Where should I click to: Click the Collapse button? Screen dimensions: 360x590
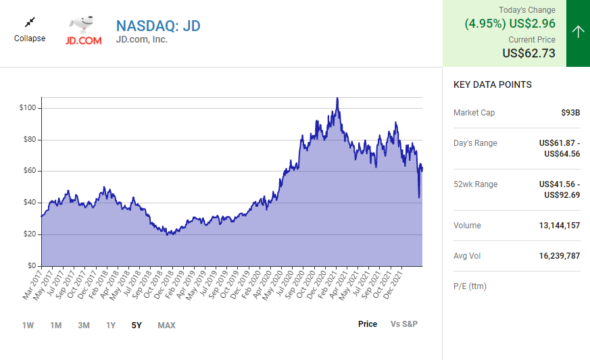click(x=30, y=30)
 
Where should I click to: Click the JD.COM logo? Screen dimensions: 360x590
click(x=83, y=31)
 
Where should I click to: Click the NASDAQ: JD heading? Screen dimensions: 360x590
click(x=158, y=26)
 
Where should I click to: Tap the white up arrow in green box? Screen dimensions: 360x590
click(x=578, y=32)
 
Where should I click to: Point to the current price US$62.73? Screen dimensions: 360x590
click(x=528, y=53)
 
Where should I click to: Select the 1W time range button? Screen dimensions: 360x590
click(x=28, y=325)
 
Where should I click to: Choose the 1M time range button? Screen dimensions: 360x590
click(x=55, y=325)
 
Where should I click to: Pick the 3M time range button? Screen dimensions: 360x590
click(x=83, y=325)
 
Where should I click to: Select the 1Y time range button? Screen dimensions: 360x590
click(x=111, y=325)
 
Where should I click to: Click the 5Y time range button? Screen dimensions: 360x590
click(x=137, y=325)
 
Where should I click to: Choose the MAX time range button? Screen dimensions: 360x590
click(x=166, y=325)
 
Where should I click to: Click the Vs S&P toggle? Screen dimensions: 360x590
click(x=404, y=324)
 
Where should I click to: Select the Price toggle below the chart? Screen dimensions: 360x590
click(x=368, y=324)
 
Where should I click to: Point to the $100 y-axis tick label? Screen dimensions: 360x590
click(x=28, y=108)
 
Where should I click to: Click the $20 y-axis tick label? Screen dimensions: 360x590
click(x=30, y=234)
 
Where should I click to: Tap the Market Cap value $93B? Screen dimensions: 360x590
click(x=570, y=113)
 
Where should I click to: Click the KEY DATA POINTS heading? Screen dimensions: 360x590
click(x=492, y=84)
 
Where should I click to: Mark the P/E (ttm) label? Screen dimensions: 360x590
click(x=470, y=286)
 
